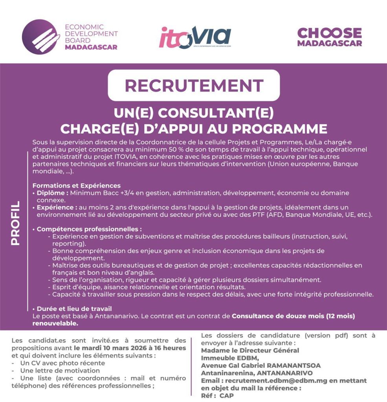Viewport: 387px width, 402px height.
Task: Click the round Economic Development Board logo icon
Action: (x=39, y=37)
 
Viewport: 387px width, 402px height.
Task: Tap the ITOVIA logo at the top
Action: (x=194, y=37)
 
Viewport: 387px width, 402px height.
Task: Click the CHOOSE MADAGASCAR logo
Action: (x=329, y=37)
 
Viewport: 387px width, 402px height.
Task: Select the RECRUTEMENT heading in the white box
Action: (x=194, y=85)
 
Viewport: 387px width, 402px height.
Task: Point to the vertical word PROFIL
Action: (x=15, y=223)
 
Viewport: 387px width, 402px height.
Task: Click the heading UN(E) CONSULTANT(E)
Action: (x=194, y=113)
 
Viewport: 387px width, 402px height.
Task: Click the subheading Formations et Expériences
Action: (x=76, y=185)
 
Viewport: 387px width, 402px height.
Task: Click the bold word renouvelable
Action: (x=55, y=324)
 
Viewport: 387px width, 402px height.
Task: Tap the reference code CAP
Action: (x=227, y=396)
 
